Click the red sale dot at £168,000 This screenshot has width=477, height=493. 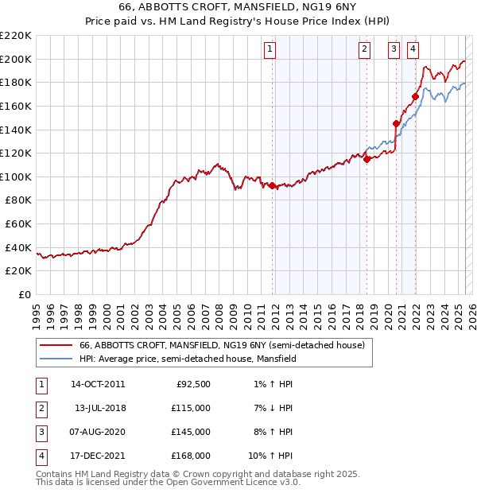[x=415, y=97]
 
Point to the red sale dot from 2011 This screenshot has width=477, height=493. [x=272, y=185]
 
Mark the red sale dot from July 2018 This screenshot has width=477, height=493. [x=366, y=159]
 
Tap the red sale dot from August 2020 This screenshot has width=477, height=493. [x=396, y=123]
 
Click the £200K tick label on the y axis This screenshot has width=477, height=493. [x=17, y=59]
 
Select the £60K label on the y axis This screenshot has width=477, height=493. [x=19, y=224]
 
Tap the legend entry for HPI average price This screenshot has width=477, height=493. [x=188, y=359]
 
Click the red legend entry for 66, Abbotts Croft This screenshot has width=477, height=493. [x=222, y=346]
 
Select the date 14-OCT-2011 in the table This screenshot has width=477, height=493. [x=98, y=384]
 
